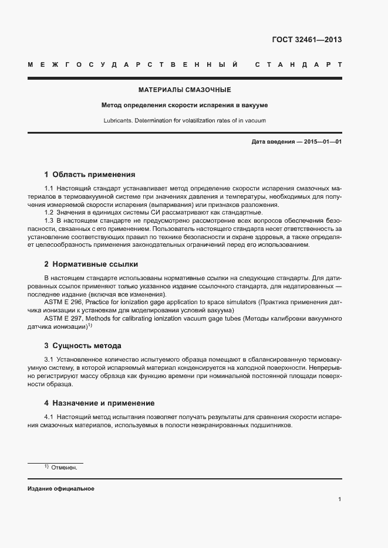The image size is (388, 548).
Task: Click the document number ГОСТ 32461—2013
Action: point(307,40)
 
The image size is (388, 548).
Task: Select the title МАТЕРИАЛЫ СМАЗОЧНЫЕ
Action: point(184,90)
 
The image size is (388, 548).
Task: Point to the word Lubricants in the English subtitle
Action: point(117,120)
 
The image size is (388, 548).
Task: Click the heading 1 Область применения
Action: point(90,174)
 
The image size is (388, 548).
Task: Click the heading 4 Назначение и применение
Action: point(99,403)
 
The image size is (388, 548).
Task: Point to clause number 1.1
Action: point(49,187)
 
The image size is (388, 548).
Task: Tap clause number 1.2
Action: point(49,212)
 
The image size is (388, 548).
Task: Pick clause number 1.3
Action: point(49,220)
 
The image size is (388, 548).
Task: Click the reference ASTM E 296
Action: point(66,301)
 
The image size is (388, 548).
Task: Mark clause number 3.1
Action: point(49,358)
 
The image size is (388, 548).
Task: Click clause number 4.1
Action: point(49,416)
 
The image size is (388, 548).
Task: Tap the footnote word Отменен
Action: point(64,468)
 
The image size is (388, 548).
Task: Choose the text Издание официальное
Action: point(60,488)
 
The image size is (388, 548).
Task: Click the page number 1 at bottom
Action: point(340,499)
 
